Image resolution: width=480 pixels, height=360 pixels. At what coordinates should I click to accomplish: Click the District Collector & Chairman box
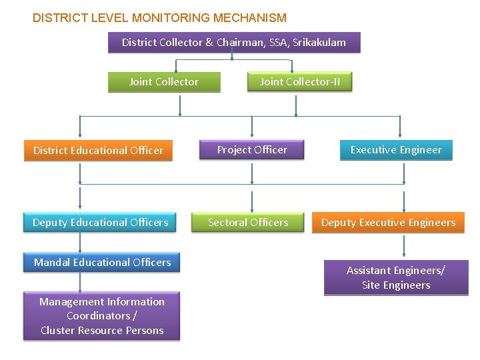click(x=233, y=43)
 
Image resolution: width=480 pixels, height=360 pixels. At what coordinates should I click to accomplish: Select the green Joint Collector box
click(x=164, y=82)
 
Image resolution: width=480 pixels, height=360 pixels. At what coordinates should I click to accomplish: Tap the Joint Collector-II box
click(x=299, y=82)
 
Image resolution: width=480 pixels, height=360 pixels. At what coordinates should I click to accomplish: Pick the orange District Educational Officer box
click(x=98, y=151)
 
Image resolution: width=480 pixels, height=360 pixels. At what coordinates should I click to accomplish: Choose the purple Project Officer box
click(x=252, y=150)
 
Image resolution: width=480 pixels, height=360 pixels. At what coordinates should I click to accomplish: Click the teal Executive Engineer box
click(x=396, y=150)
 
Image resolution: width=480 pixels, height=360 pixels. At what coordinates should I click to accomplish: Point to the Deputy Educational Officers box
click(x=100, y=222)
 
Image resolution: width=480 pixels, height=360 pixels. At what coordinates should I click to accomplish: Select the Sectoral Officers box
click(x=248, y=222)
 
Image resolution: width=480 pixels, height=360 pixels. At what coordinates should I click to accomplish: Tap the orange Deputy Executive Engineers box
click(x=388, y=223)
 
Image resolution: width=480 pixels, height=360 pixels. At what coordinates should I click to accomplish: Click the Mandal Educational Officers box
click(x=102, y=263)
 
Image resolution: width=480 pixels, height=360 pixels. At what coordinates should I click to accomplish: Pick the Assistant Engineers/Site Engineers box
click(x=396, y=277)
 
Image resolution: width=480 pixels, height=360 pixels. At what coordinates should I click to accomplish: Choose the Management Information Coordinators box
click(x=101, y=316)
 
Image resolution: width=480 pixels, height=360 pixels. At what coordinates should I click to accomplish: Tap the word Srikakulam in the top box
click(x=318, y=43)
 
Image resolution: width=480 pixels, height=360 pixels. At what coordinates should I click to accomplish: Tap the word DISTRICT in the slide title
click(x=55, y=18)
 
